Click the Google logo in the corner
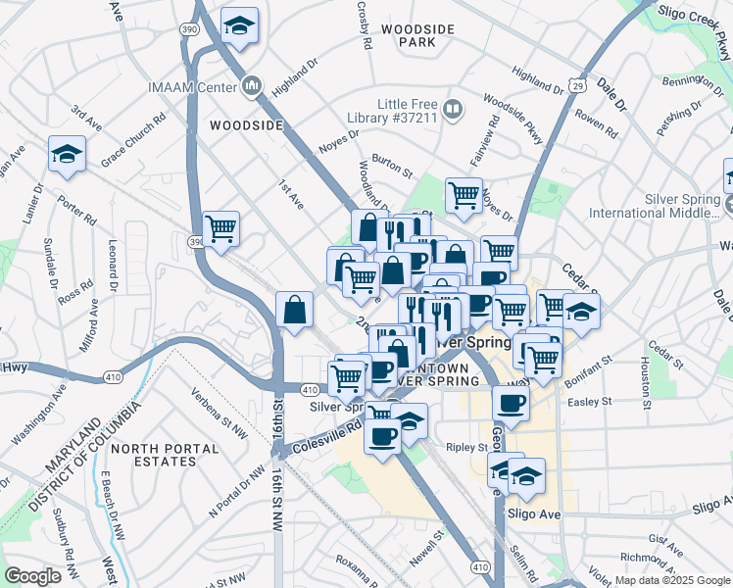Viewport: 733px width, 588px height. pyautogui.click(x=33, y=576)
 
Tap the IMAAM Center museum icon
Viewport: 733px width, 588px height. pyautogui.click(x=253, y=87)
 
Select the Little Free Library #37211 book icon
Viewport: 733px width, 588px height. pyautogui.click(x=453, y=110)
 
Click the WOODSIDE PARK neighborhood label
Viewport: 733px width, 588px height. pyautogui.click(x=418, y=36)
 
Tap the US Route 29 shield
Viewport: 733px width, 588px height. pyautogui.click(x=580, y=86)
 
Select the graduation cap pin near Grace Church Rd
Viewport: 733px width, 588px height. pyautogui.click(x=67, y=154)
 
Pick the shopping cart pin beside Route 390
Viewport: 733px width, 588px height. pyautogui.click(x=221, y=229)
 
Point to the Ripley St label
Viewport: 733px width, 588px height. pyautogui.click(x=467, y=447)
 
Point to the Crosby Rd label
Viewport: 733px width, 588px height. pyautogui.click(x=364, y=29)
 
